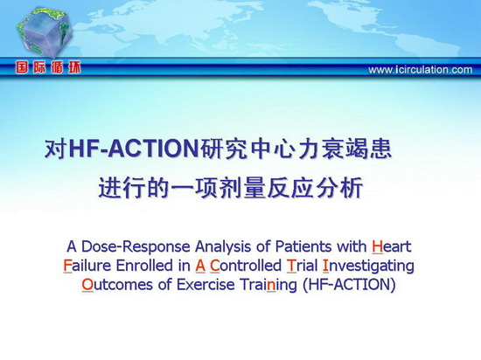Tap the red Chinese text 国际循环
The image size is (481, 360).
[48, 67]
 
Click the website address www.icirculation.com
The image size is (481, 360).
[421, 70]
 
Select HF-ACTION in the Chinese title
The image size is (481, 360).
[134, 149]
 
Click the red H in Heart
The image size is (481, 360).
[377, 247]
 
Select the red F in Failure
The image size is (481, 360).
[67, 266]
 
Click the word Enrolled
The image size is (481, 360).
[144, 266]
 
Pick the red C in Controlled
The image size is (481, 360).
[215, 266]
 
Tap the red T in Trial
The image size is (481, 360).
[291, 266]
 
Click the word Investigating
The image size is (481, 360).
[368, 267]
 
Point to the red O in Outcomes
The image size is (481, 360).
[87, 285]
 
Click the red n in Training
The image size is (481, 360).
[271, 286]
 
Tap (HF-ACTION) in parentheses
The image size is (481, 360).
[349, 285]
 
